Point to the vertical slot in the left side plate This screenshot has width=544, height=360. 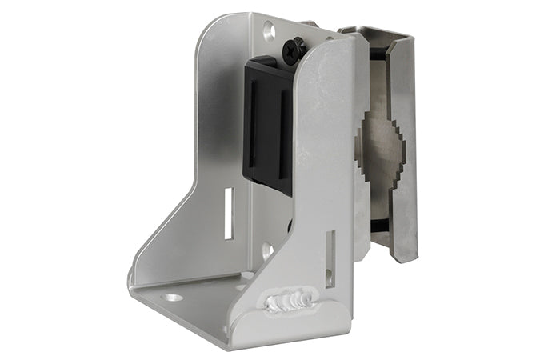(228, 213)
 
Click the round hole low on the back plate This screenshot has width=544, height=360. (266, 250)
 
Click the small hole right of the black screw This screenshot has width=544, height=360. (326, 37)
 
